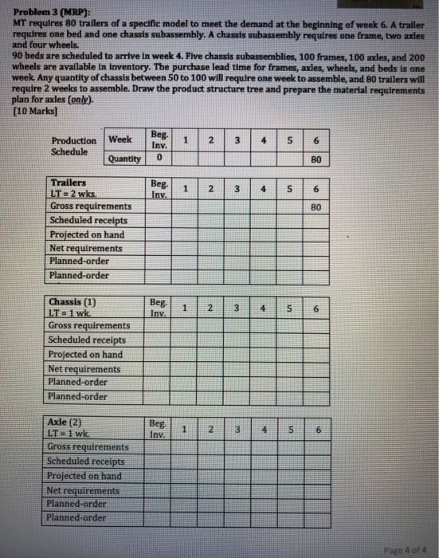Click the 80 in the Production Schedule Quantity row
click(316, 157)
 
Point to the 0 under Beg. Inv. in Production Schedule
click(159, 158)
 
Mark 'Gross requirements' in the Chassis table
click(89, 325)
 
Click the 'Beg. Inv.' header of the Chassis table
click(159, 308)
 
